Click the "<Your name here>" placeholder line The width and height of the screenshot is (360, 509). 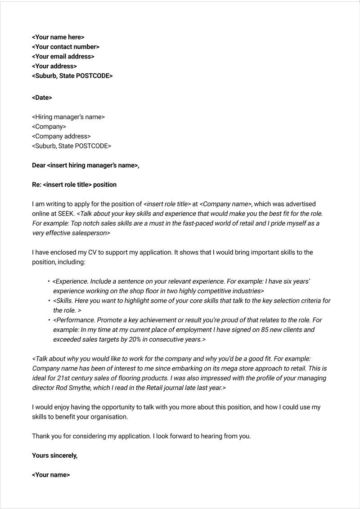58,37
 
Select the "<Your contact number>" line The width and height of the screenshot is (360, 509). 66,47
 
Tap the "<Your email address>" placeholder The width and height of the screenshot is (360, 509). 63,57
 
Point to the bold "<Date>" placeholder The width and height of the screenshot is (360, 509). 42,98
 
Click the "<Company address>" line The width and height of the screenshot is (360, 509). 61,136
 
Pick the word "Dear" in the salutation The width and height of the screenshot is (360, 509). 39,165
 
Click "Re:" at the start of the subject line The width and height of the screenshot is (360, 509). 36,185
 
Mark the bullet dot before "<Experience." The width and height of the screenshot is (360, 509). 49,281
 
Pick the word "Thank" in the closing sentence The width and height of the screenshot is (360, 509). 41,436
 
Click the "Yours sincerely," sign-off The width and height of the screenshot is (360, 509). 54,455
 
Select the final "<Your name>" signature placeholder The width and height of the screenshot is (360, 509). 51,475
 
